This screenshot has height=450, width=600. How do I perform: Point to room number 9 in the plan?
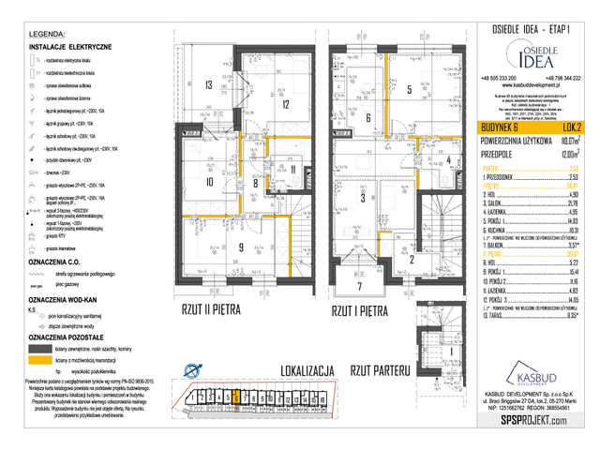point(214,247)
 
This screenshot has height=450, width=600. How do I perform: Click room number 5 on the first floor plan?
point(410,90)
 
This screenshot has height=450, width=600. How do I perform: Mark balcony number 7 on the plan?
point(357,286)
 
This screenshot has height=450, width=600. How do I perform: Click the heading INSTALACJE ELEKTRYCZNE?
point(71,46)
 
